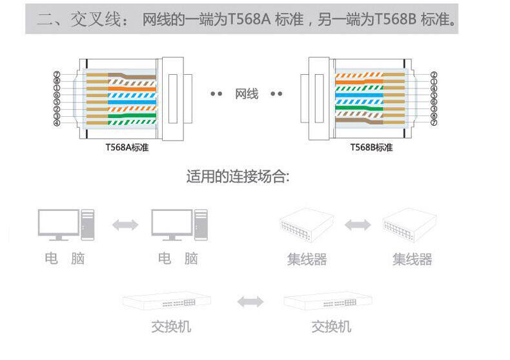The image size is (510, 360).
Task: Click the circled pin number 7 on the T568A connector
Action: click(x=57, y=74)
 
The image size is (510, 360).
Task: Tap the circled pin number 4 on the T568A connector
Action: click(x=57, y=123)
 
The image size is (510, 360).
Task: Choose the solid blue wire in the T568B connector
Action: click(x=362, y=95)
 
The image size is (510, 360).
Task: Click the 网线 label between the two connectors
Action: click(x=247, y=94)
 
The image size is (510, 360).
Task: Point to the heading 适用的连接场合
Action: click(x=238, y=176)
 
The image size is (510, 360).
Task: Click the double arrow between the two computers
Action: click(x=125, y=225)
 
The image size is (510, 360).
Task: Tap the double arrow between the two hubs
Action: click(x=357, y=225)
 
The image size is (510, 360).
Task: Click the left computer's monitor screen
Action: click(x=58, y=222)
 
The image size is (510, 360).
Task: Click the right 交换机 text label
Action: click(x=331, y=327)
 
